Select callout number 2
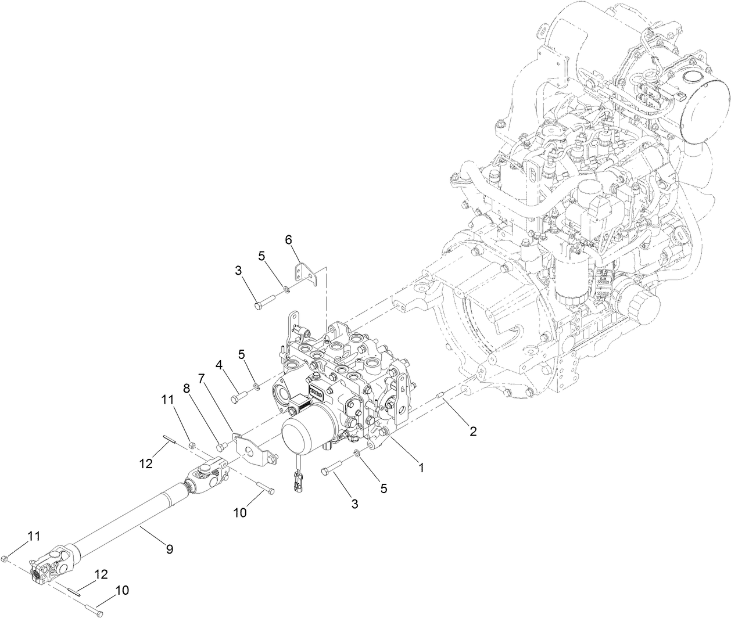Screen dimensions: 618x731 (473, 431)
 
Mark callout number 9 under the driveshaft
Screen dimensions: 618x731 (169, 548)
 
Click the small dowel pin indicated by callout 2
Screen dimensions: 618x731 (441, 398)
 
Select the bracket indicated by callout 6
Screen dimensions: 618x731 (306, 274)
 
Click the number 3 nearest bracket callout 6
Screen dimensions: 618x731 (238, 270)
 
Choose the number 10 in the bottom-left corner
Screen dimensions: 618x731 (122, 590)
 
